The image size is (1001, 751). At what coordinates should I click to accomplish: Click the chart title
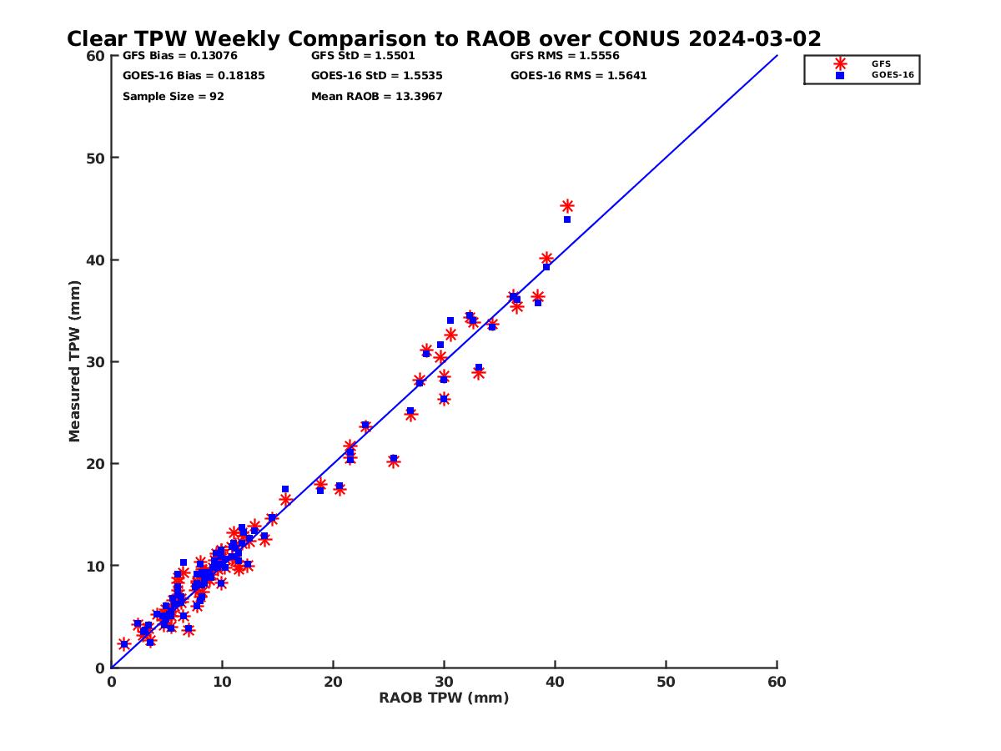click(x=444, y=39)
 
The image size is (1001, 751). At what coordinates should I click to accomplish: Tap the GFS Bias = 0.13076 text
click(x=174, y=56)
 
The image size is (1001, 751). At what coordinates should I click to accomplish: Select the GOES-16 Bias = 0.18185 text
click(x=182, y=76)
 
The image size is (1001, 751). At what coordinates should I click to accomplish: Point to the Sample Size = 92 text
click(x=174, y=97)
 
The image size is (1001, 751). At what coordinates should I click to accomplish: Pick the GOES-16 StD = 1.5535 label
click(x=376, y=76)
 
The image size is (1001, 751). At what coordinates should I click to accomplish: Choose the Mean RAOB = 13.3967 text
click(x=376, y=97)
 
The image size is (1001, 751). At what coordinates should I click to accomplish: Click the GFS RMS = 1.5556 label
click(x=565, y=56)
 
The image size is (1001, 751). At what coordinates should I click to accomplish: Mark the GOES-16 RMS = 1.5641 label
click(x=578, y=76)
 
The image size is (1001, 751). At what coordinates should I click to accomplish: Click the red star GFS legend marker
click(x=840, y=63)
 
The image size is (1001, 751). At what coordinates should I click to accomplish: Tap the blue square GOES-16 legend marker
click(x=840, y=75)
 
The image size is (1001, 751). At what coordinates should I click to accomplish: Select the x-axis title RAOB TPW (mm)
click(x=444, y=698)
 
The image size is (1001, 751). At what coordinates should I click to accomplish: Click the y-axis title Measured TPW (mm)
click(x=75, y=361)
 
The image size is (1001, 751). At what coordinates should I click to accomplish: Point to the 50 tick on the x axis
click(x=666, y=683)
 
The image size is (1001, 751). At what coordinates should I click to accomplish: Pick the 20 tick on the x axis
click(x=333, y=683)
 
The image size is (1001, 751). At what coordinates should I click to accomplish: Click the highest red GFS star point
click(x=567, y=206)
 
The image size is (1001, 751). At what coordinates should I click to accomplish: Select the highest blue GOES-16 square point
click(x=567, y=219)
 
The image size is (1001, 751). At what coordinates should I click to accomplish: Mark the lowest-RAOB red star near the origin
click(x=124, y=644)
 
